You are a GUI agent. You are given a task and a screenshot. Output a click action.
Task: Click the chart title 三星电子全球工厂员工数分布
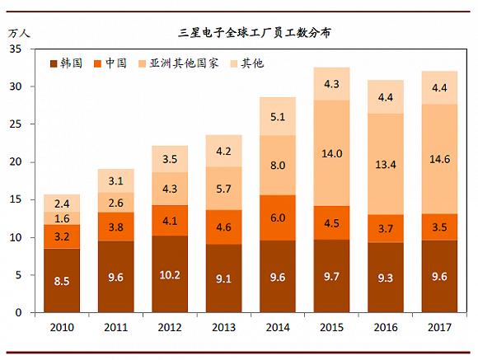pos(255,33)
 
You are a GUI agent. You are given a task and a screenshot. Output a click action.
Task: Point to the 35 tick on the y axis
pos(16,49)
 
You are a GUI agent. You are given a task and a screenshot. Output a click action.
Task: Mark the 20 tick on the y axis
pos(16,162)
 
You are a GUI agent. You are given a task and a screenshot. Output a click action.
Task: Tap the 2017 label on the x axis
pos(439,328)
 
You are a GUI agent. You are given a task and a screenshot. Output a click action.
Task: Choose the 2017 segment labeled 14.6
pos(439,159)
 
